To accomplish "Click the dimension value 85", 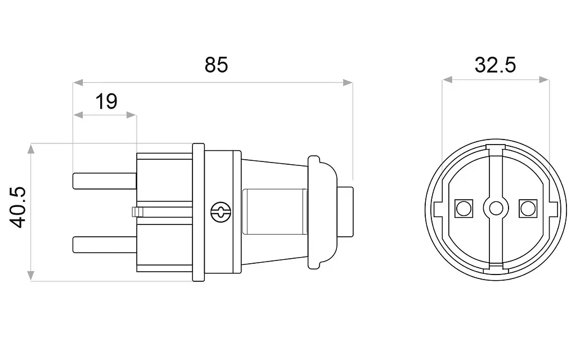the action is tap(216, 65).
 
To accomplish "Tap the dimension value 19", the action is tap(106, 101).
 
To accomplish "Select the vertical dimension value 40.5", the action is tap(17, 208).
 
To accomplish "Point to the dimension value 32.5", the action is tap(495, 65).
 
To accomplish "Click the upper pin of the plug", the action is tap(105, 181).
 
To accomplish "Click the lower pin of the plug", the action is tap(105, 245).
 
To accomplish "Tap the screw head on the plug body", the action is tap(220, 212).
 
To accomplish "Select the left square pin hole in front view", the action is tap(463, 208).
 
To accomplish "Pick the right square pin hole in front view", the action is tap(528, 208).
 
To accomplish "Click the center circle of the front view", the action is tap(496, 208).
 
